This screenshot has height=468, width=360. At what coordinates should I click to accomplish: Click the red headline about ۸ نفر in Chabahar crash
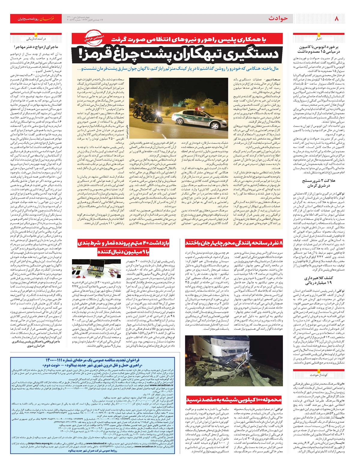[234, 242]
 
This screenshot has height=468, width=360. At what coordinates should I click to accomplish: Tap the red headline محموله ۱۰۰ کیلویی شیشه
[234, 400]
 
